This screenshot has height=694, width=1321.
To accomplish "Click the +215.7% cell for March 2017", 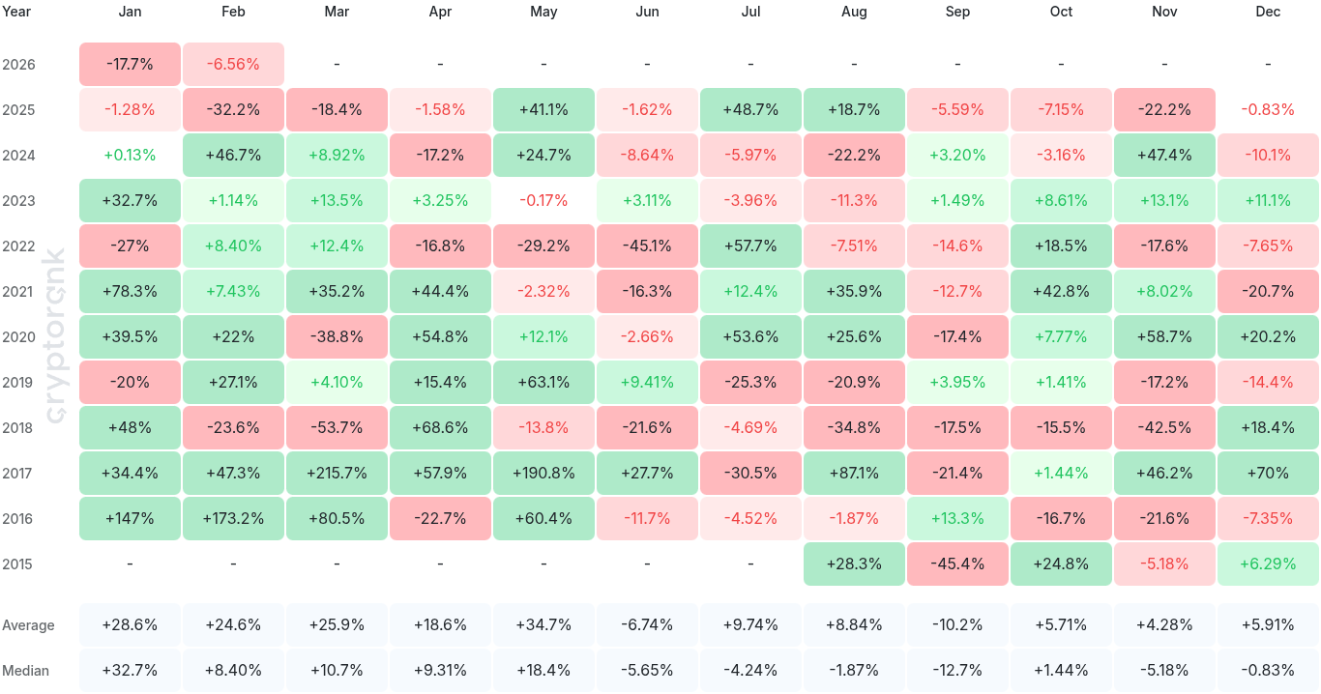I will tap(337, 473).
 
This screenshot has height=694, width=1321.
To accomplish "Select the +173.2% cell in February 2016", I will tap(233, 518).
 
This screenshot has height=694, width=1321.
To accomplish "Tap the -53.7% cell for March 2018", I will tap(337, 427).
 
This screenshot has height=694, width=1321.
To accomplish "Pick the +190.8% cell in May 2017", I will tap(543, 473).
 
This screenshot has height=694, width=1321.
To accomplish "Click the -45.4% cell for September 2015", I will tap(957, 564).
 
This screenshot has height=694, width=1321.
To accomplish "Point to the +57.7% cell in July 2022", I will tap(750, 246).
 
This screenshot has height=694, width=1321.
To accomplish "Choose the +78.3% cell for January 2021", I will tap(130, 291).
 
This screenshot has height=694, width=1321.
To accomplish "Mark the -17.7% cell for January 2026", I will tap(130, 64).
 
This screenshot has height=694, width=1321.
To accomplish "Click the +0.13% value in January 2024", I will tap(130, 155).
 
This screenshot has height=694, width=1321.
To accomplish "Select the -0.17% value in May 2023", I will tap(543, 200).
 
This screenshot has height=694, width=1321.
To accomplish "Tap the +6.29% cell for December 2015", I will tap(1268, 564).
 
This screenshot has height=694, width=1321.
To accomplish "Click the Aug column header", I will tap(854, 12).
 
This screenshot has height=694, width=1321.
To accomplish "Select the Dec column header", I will tap(1268, 12).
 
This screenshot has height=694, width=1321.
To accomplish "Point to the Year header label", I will tap(16, 12).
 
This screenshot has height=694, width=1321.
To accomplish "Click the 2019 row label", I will tap(18, 382).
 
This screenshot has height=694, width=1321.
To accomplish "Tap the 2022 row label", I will tap(18, 246).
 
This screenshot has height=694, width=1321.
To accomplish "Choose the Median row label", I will tap(25, 670).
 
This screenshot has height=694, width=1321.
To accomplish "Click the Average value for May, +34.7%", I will tap(543, 624).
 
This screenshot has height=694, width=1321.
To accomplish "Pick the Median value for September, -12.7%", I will tap(957, 670).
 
